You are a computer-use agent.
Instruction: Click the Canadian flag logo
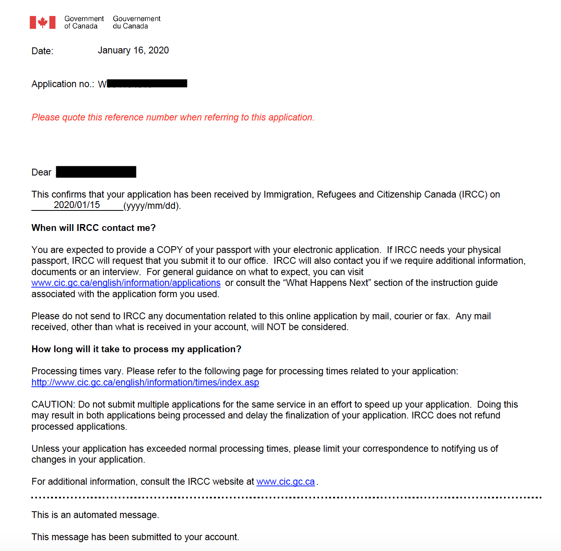pos(43,22)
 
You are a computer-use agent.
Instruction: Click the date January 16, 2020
pos(133,51)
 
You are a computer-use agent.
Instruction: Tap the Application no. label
pos(63,84)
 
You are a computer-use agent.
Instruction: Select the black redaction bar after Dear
pos(96,172)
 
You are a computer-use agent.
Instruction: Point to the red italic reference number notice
pos(173,117)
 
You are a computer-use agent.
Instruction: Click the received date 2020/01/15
pos(77,205)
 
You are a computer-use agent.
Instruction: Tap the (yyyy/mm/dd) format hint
pos(152,206)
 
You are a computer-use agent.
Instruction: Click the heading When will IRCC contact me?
pos(93,228)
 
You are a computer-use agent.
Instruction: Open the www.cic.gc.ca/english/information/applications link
pos(126,283)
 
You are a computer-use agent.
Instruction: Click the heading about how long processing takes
pos(136,349)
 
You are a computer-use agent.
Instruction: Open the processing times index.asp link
pos(145,383)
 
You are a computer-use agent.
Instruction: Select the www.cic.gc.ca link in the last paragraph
pos(285,482)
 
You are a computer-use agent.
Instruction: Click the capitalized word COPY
pos(170,250)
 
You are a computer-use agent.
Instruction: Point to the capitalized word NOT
pos(276,327)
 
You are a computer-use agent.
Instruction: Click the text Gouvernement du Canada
pos(136,22)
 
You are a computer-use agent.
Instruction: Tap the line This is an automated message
pos(95,515)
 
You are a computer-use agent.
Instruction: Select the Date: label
pos(42,51)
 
